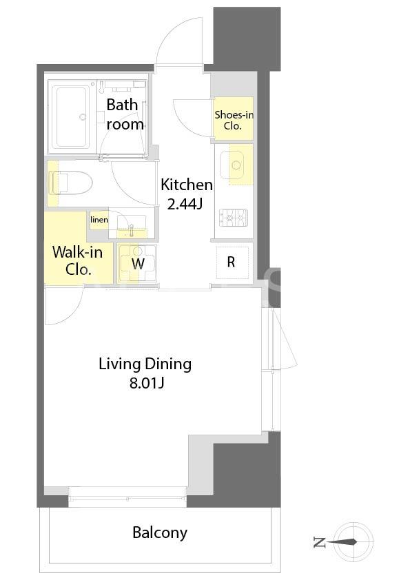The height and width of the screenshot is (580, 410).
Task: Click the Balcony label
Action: click(x=160, y=532)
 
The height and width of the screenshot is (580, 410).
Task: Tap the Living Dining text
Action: click(x=145, y=364)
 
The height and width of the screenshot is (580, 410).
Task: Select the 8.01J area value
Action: click(x=147, y=383)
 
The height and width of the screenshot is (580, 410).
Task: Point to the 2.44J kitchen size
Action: click(x=185, y=204)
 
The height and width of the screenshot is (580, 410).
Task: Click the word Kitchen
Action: click(x=187, y=185)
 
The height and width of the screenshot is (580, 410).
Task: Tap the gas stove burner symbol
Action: click(x=234, y=218)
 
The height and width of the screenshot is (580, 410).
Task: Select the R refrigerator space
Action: click(x=232, y=262)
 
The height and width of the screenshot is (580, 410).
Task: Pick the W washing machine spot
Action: click(x=138, y=263)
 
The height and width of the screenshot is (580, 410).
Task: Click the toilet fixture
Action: click(x=70, y=183)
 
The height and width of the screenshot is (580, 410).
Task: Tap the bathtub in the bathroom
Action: click(x=71, y=116)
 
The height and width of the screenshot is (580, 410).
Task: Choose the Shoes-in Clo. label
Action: click(x=234, y=121)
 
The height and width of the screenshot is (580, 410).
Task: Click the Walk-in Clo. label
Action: click(x=77, y=260)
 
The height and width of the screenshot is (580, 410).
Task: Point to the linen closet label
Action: click(x=99, y=220)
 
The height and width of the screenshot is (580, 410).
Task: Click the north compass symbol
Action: click(x=353, y=542)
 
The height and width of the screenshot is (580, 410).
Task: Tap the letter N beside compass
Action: click(x=318, y=542)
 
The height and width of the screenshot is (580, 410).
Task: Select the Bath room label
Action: click(x=124, y=114)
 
